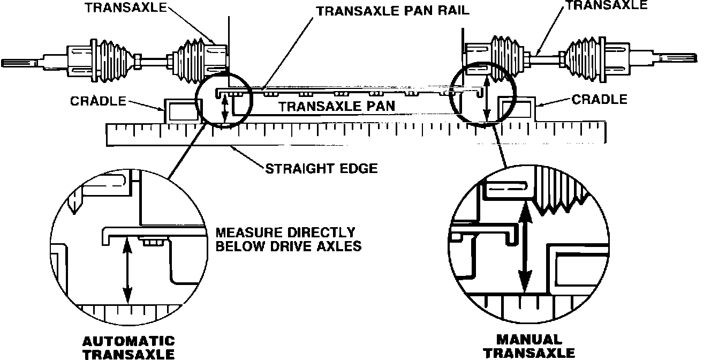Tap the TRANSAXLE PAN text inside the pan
click(x=337, y=106)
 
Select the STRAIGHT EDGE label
click(x=321, y=169)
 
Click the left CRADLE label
click(x=99, y=102)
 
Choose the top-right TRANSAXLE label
click(x=607, y=5)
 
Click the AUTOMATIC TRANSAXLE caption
click(x=128, y=347)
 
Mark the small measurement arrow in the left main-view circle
click(x=225, y=109)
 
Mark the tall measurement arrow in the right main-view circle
click(x=486, y=99)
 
